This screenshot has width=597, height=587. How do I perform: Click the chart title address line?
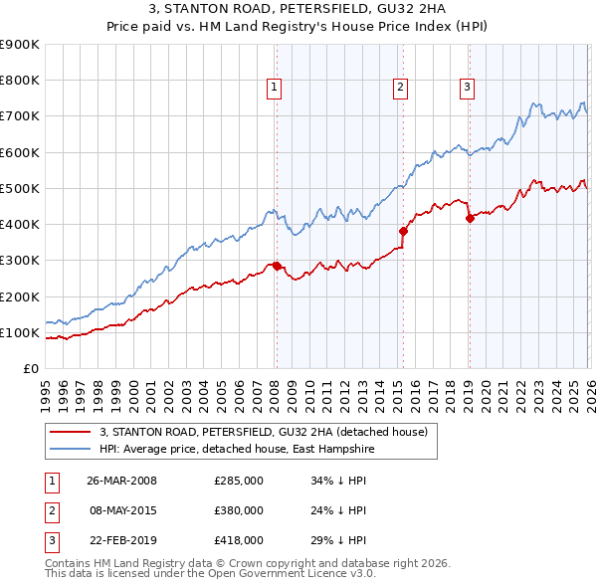298,11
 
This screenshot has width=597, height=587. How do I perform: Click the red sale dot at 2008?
277,266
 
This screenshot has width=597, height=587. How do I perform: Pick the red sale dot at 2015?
403,231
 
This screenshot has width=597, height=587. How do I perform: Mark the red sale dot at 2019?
470,218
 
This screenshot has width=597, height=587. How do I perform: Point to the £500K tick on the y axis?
21,188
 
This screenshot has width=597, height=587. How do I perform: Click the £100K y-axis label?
21,332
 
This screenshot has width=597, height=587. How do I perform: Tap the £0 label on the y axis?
30,368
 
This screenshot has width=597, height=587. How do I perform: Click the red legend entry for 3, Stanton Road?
264,432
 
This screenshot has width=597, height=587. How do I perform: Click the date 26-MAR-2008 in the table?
121,482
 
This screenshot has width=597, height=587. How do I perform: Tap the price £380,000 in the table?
239,510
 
